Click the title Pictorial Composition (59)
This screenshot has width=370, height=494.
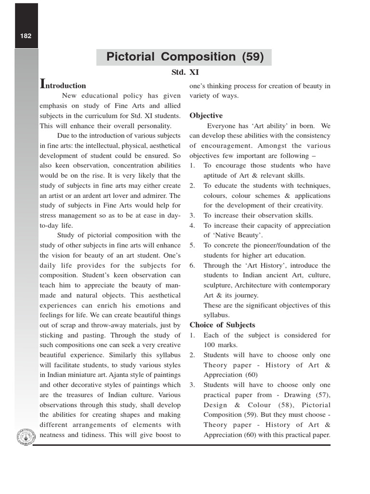pos(185,57)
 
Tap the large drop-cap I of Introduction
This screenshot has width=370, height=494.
pos(42,84)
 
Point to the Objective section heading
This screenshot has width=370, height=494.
pos(206,116)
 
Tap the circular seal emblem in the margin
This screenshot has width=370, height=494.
pos(25,437)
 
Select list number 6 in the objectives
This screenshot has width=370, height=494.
pos(192,266)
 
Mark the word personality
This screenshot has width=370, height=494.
pos(152,125)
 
